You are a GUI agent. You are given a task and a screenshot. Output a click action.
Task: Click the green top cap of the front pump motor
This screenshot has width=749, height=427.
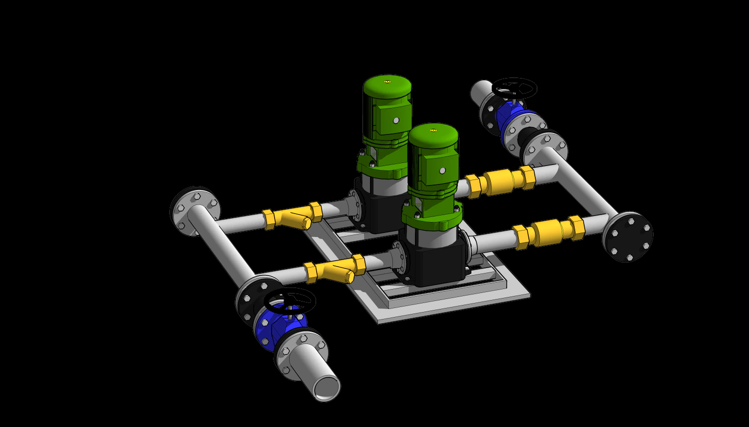(433, 134)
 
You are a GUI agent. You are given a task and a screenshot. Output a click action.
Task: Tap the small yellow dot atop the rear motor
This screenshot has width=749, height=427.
(386, 81)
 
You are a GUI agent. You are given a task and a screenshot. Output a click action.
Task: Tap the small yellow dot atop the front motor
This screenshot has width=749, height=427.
(432, 130)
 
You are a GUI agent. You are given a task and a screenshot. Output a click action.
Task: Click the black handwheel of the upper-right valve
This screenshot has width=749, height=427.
(514, 88)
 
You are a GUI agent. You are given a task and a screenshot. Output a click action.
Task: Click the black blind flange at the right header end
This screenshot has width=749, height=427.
(628, 237)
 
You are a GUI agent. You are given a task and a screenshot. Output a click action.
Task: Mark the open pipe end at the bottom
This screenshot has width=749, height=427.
(327, 387)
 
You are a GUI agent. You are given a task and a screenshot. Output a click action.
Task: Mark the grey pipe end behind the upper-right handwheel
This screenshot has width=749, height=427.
(480, 90)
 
